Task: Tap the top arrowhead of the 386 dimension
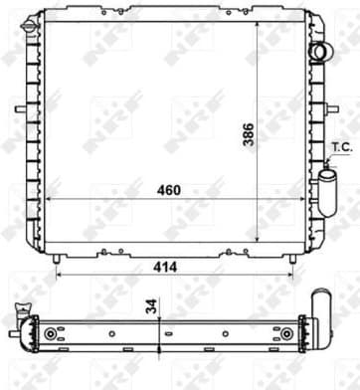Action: point(260,22)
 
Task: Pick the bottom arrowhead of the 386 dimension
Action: point(260,242)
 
